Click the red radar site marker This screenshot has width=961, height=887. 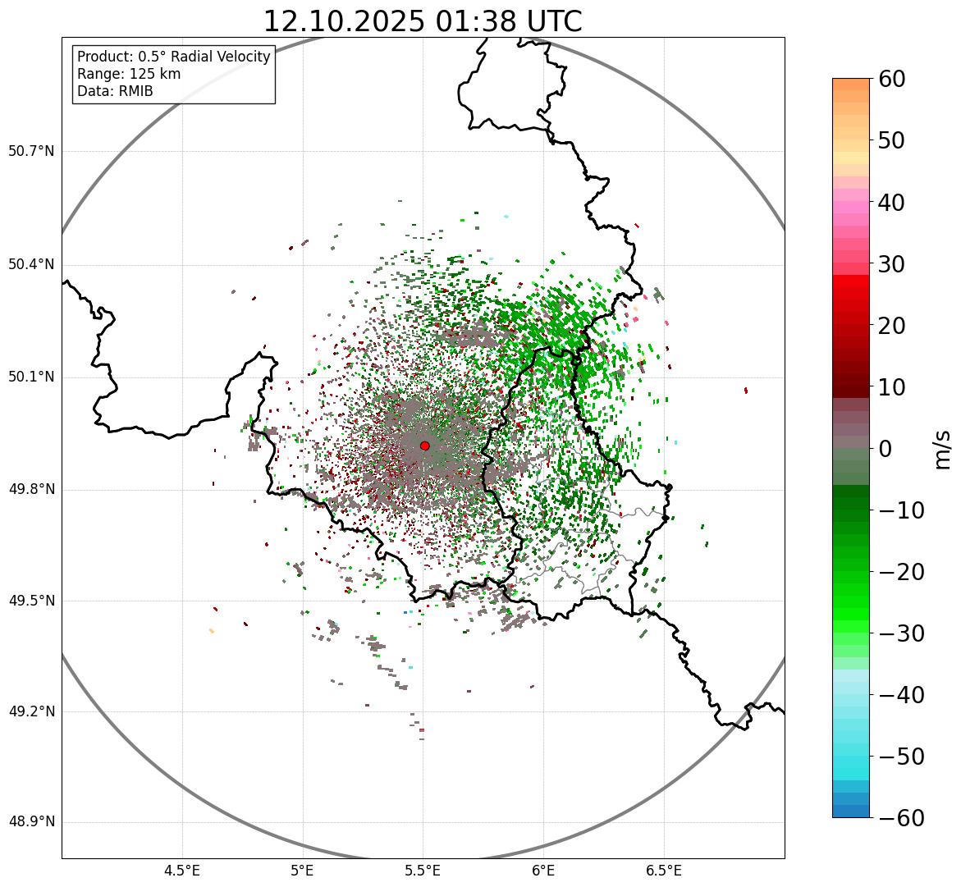tap(424, 446)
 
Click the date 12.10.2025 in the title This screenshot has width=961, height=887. tap(343, 21)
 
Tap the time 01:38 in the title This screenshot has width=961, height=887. tap(470, 21)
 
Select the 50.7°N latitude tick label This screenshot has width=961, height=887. tap(31, 151)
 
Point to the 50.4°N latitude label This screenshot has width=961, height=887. tap(31, 264)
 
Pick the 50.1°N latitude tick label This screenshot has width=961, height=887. tap(31, 377)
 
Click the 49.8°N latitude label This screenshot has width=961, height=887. tap(31, 489)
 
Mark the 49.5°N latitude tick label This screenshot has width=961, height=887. tap(31, 601)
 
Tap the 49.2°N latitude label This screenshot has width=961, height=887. tap(31, 711)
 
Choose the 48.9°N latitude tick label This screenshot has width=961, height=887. tap(31, 822)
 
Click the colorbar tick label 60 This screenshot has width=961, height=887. tap(891, 79)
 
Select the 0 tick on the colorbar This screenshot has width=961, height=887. tap(885, 449)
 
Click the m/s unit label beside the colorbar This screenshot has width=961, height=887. tap(943, 449)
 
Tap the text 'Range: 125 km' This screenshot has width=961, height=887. tap(129, 74)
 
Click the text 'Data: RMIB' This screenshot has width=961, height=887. tap(115, 91)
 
